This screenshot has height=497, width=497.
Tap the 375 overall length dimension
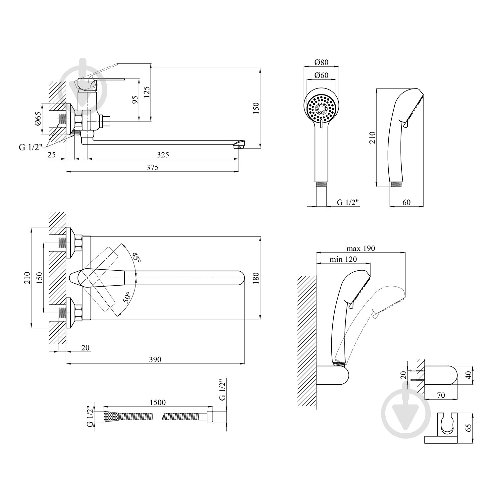click(152, 168)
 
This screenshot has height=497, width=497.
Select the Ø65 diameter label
click(38, 119)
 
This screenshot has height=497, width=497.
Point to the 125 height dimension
click(147, 92)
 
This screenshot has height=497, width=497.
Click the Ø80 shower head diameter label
click(321, 62)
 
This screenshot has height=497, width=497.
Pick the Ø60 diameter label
click(321, 75)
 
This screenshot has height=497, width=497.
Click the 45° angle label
click(136, 258)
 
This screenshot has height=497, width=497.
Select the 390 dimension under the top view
click(155, 359)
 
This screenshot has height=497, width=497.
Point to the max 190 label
click(360, 248)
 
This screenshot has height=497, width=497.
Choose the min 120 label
click(343, 259)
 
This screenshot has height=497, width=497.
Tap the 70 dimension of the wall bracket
click(441, 395)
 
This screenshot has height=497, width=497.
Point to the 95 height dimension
click(135, 100)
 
